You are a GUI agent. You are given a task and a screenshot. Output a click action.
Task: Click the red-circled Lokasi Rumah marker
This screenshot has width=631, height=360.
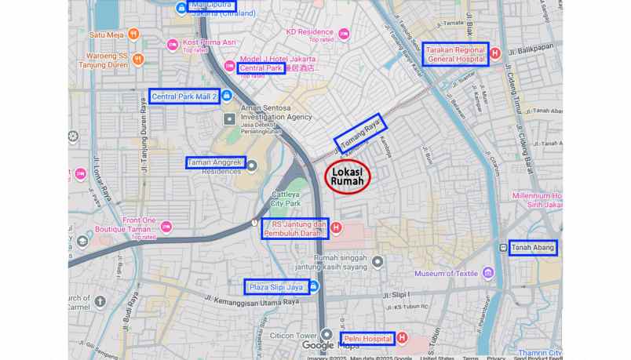[346, 176]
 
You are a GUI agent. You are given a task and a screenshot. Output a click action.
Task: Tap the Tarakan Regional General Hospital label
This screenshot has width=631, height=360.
[455, 54]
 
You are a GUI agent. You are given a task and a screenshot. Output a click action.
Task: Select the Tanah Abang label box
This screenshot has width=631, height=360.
[533, 248]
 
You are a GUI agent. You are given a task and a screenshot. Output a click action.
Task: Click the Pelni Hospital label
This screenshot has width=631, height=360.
[367, 339]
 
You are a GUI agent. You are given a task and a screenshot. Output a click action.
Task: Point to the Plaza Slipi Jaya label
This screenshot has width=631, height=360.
[275, 287]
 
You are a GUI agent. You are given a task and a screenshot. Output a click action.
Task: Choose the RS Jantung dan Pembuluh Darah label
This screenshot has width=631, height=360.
[294, 228]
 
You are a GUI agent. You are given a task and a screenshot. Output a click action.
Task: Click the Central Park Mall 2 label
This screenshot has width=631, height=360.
[184, 96]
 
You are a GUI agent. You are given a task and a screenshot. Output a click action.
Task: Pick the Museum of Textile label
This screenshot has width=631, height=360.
[446, 274]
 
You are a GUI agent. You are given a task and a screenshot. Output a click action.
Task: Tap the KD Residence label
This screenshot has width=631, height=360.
[309, 32]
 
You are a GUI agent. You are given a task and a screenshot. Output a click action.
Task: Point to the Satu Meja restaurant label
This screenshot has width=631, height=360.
[106, 35]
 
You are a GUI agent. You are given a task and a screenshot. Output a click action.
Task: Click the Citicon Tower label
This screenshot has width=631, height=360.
[293, 336]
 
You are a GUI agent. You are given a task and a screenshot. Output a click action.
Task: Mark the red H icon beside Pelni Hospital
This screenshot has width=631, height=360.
[403, 338]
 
